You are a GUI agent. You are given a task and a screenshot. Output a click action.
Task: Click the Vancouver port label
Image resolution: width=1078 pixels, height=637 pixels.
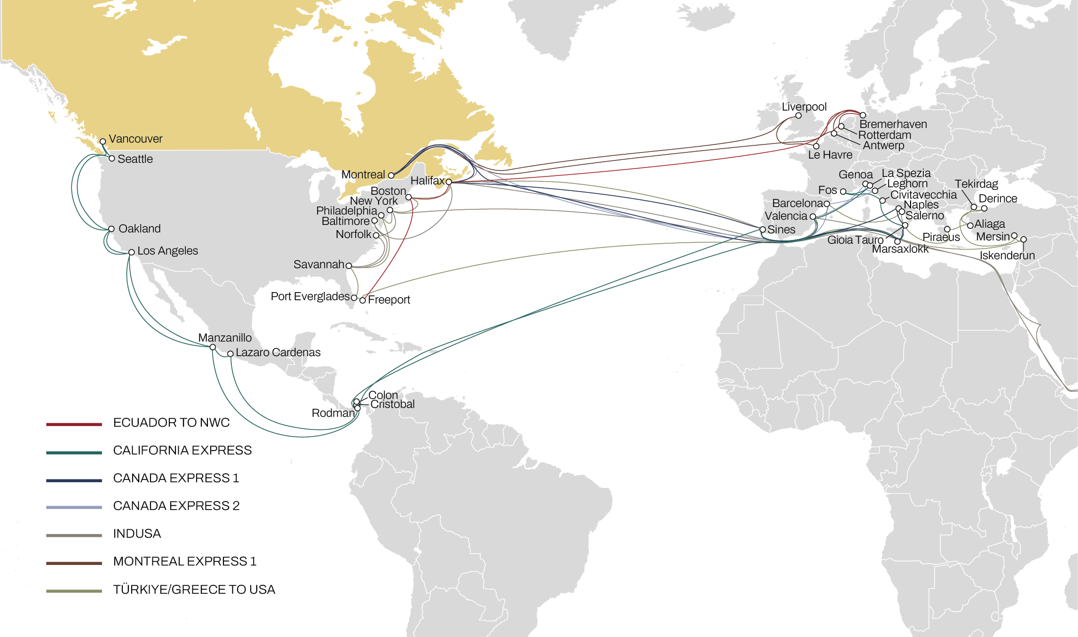click(x=135, y=139)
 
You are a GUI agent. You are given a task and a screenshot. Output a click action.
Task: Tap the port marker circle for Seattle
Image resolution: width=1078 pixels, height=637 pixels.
click(x=112, y=159)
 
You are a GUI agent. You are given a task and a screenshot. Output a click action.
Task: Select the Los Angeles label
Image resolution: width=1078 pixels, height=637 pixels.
click(x=167, y=251)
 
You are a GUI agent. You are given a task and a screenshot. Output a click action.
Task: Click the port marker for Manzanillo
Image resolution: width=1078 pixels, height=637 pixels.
click(x=213, y=347)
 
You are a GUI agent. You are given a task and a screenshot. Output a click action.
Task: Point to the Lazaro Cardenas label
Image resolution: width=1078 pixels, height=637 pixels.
click(x=278, y=352)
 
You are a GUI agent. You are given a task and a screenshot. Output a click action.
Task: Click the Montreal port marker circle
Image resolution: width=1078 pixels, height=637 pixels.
click(x=391, y=175)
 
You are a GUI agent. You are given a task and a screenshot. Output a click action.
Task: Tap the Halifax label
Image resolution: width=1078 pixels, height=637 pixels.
click(x=427, y=181)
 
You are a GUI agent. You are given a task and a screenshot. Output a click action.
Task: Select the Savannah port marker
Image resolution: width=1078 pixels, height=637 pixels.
click(x=349, y=266)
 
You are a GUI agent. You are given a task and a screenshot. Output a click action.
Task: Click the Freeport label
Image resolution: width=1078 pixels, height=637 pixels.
click(x=389, y=300)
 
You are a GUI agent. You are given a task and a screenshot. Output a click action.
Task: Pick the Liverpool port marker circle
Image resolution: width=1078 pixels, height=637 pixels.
click(x=798, y=116)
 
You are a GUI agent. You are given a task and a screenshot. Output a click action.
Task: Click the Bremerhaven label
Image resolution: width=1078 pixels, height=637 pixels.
click(x=893, y=124)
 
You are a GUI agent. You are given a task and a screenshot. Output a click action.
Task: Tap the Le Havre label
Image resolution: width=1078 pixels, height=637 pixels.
click(x=830, y=155)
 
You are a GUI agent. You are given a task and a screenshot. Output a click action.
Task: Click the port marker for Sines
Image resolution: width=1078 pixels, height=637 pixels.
click(x=763, y=230)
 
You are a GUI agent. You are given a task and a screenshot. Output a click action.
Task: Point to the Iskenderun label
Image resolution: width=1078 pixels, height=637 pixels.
click(x=1007, y=255)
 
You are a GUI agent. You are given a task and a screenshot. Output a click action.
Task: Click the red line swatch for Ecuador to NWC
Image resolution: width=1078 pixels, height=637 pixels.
click(x=74, y=424)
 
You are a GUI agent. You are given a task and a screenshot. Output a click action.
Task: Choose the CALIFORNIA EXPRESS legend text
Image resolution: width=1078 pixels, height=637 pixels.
click(x=182, y=450)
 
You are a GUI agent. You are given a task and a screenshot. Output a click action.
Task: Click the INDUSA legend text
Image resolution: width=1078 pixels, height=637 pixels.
click(x=137, y=533)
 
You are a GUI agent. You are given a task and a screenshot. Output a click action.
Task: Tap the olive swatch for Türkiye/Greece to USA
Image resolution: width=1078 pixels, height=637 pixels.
click(x=74, y=591)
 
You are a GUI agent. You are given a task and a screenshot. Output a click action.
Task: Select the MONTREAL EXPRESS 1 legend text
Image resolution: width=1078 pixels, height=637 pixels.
click(x=185, y=561)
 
